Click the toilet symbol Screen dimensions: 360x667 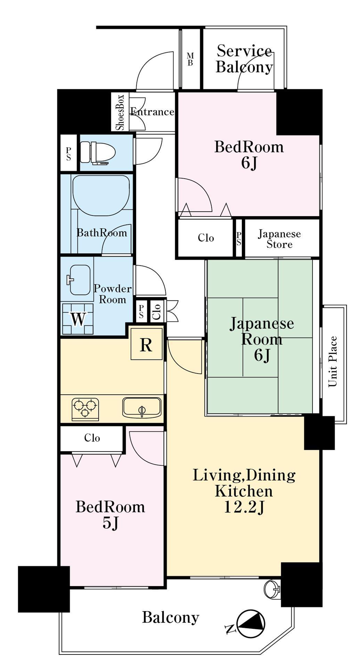[98, 152]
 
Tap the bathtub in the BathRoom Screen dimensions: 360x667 [101, 195]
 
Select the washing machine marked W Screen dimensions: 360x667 [78, 319]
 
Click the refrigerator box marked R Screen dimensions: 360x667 [146, 344]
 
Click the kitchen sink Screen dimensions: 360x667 [142, 408]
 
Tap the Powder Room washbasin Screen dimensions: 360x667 [80, 280]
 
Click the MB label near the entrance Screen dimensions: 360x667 [190, 59]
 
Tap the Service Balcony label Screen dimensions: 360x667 [244, 59]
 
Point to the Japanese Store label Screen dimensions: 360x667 [279, 239]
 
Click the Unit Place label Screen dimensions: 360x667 [333, 361]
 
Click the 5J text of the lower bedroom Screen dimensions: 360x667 [111, 522]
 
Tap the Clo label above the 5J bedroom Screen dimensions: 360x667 [92, 438]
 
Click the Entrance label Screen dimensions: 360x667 [152, 112]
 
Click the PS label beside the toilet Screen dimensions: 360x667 [68, 153]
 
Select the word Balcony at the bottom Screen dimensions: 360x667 [171, 617]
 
